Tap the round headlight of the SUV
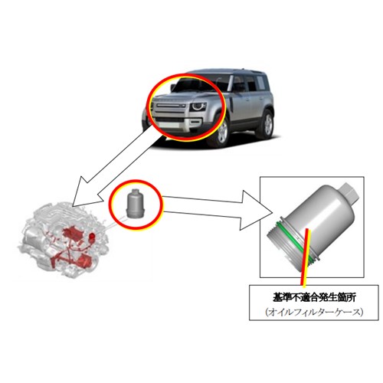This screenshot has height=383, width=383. pyautogui.click(x=198, y=106)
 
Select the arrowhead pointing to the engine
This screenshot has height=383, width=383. pyautogui.click(x=85, y=192)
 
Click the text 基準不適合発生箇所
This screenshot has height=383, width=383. pyautogui.click(x=314, y=297)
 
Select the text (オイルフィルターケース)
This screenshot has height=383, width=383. pyautogui.click(x=314, y=312)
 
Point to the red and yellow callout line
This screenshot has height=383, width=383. pyautogui.click(x=306, y=257)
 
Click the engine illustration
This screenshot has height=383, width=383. pyautogui.click(x=64, y=240)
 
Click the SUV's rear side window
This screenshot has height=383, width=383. pyautogui.click(x=260, y=82)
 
